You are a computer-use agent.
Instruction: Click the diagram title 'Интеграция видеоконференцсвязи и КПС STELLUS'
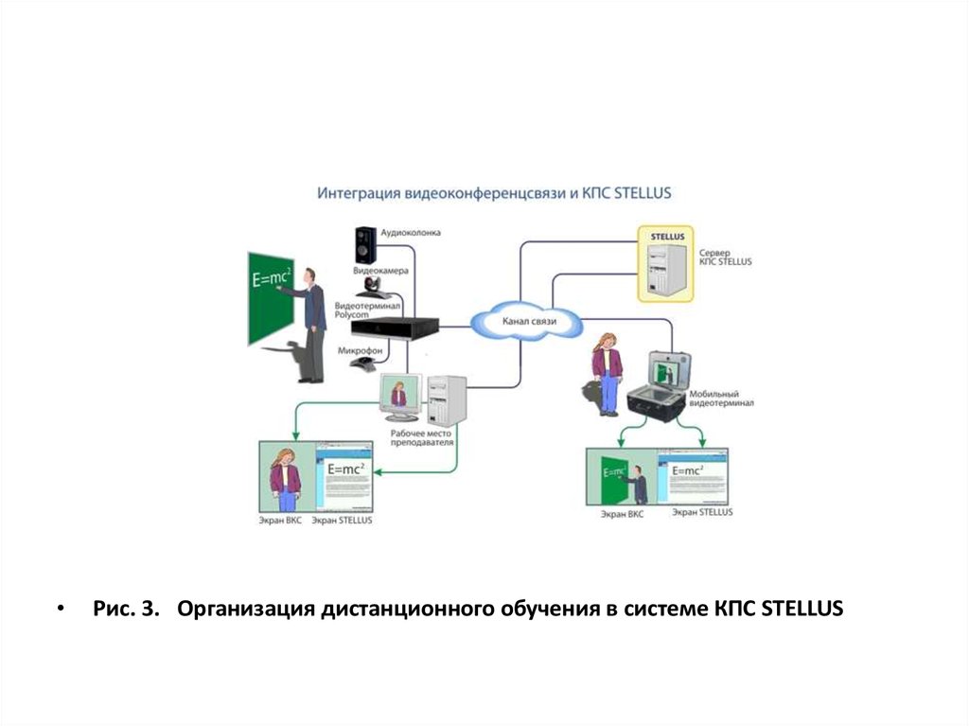pyautogui.click(x=493, y=193)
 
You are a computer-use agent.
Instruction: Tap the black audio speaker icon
pyautogui.click(x=364, y=244)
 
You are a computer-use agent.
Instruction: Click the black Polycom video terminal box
pyautogui.click(x=395, y=328)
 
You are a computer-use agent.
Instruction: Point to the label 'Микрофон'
pyautogui.click(x=360, y=350)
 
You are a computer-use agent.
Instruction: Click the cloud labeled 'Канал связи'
pyautogui.click(x=529, y=322)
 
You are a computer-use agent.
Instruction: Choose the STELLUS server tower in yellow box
pyautogui.click(x=665, y=265)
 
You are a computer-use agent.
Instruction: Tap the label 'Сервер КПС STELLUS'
pyautogui.click(x=726, y=257)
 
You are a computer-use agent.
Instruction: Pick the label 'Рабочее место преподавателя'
pyautogui.click(x=422, y=438)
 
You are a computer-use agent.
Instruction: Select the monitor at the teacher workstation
pyautogui.click(x=399, y=397)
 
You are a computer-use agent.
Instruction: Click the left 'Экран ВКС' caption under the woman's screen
pyautogui.click(x=280, y=521)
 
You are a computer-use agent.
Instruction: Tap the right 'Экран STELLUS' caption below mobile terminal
pyautogui.click(x=702, y=511)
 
